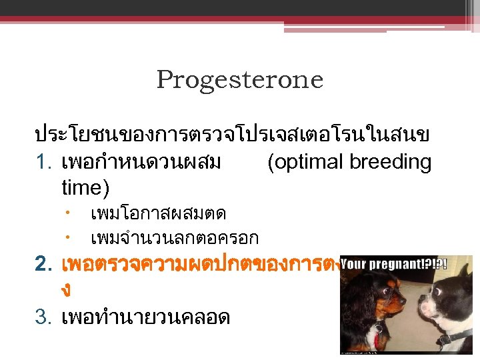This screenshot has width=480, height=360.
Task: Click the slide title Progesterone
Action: (239, 80)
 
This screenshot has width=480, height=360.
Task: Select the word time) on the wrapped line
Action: (85, 187)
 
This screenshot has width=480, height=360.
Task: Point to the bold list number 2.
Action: (43, 265)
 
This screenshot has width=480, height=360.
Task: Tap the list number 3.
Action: (43, 317)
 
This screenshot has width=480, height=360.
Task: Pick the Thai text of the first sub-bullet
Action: (158, 214)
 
